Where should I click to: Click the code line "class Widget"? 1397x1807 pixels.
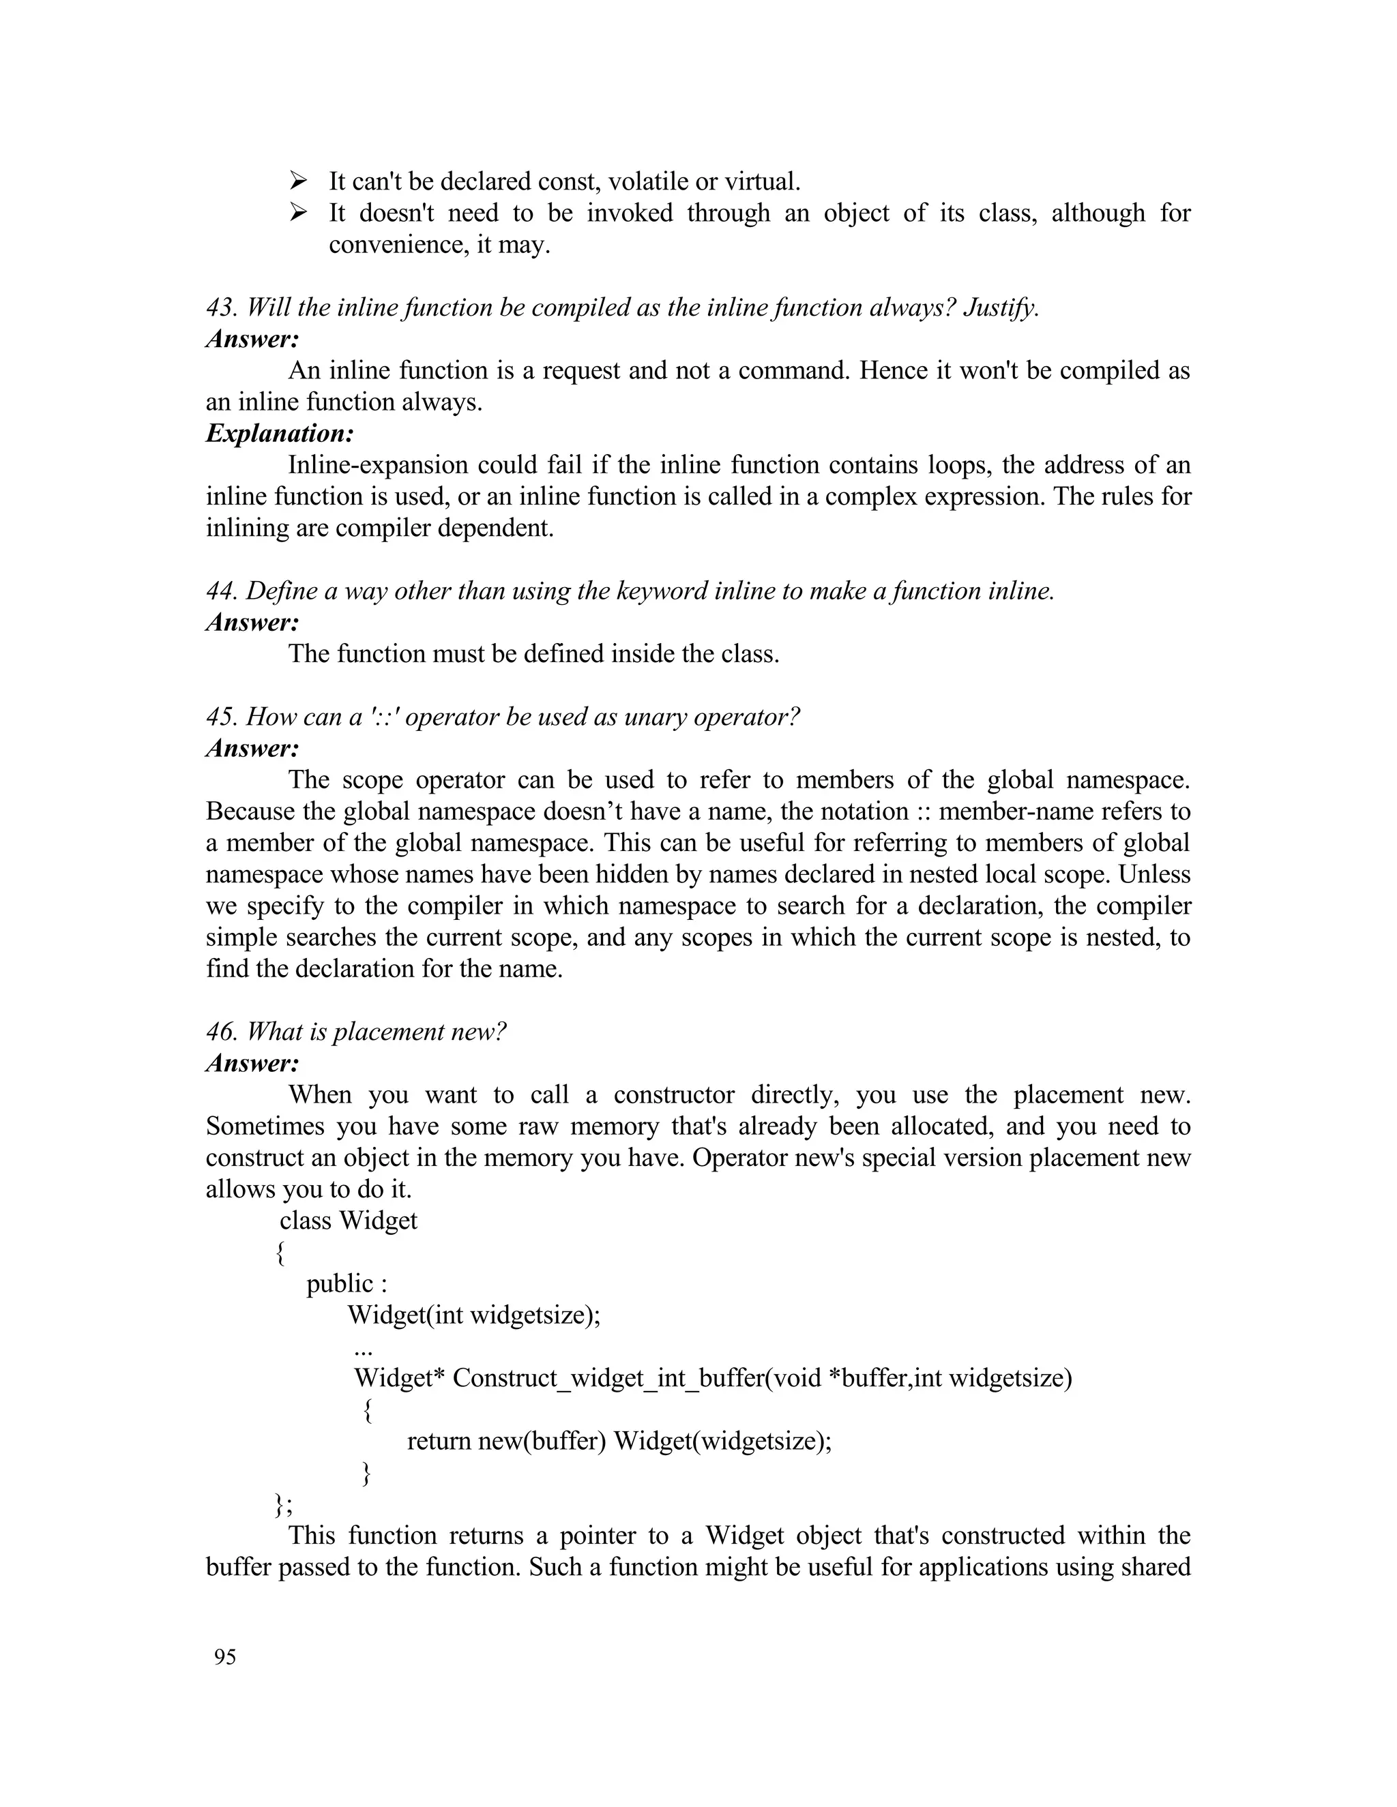point(349,1221)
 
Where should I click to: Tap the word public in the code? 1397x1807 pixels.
point(339,1283)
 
